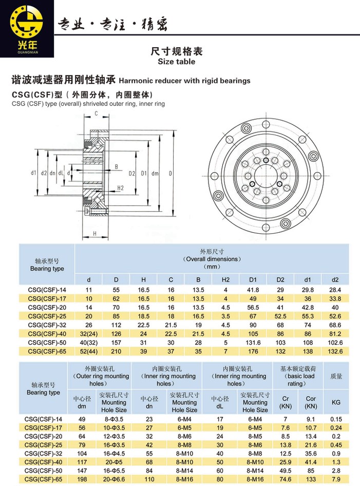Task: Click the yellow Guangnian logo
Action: (x=26, y=29)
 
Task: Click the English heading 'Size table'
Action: (x=176, y=61)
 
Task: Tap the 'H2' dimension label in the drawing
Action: (x=121, y=188)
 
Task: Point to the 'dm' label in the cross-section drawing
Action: (x=155, y=174)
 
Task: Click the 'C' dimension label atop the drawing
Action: (x=96, y=114)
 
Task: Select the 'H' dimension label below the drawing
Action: (x=95, y=233)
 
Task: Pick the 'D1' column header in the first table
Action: (x=253, y=279)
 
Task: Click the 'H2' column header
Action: (x=225, y=279)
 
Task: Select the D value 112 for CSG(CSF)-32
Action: (x=116, y=325)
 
